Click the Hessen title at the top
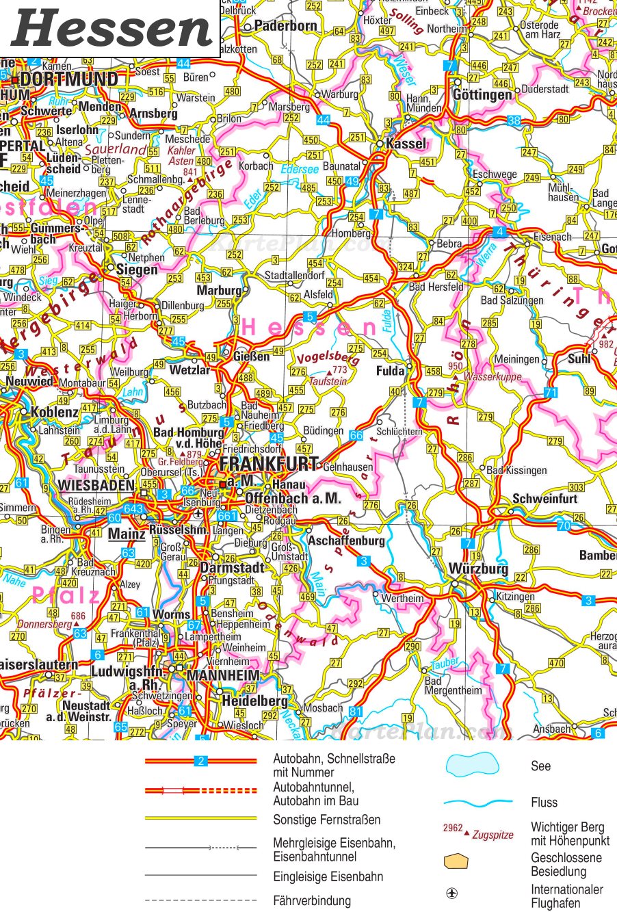(112, 29)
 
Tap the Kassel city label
(406, 144)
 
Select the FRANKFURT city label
(269, 465)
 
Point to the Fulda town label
(391, 370)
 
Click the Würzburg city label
(478, 569)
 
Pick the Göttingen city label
(482, 95)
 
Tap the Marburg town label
(219, 291)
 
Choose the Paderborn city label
(285, 26)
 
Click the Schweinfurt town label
(544, 499)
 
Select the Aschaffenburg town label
(346, 540)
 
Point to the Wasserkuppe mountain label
(493, 377)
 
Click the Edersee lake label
(299, 169)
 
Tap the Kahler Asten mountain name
(181, 156)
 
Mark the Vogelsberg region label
(328, 359)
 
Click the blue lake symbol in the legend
(473, 764)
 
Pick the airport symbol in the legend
(452, 894)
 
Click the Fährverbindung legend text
(312, 900)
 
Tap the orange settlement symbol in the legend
(456, 861)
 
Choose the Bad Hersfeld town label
(436, 287)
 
